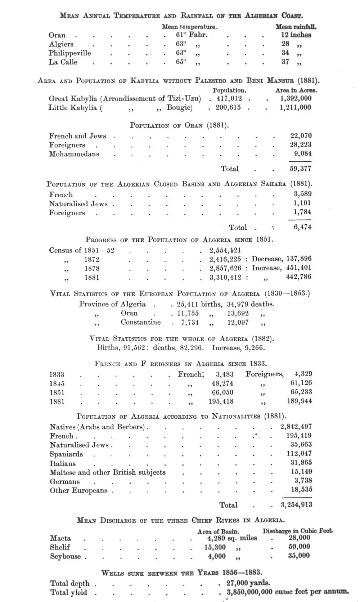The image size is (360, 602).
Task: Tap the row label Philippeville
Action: click(x=70, y=53)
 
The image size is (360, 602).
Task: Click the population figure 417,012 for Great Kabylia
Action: click(x=229, y=98)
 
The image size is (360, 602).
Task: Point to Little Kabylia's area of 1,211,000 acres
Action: click(x=296, y=107)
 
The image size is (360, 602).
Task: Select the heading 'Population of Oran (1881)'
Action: click(x=179, y=125)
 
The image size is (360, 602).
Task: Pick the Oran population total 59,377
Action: click(x=301, y=169)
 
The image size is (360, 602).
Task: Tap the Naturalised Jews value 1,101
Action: click(x=302, y=203)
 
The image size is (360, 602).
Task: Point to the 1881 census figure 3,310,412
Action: click(x=225, y=277)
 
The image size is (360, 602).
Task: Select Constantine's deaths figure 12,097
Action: click(x=238, y=322)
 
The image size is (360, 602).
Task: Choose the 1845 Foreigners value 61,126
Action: click(x=301, y=383)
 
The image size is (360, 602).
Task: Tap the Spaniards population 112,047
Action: click(x=297, y=454)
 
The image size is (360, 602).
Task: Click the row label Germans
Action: click(x=65, y=481)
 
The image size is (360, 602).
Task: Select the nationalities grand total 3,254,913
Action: click(x=296, y=505)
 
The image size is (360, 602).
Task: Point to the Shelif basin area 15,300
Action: click(x=215, y=547)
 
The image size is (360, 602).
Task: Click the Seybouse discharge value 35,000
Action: click(x=299, y=556)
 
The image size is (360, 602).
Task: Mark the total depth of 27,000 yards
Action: click(x=248, y=583)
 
